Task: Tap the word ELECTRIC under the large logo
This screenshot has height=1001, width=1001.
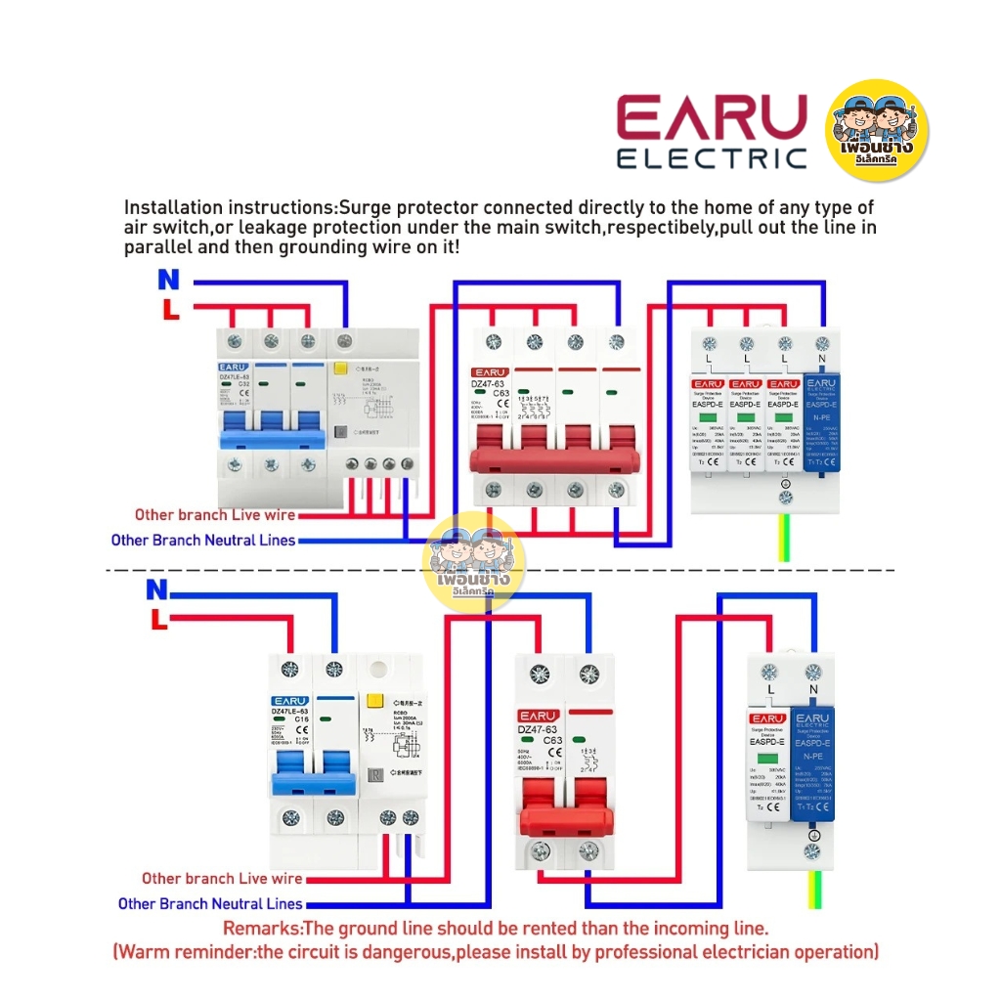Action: (711, 159)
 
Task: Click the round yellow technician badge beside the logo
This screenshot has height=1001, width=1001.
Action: (877, 131)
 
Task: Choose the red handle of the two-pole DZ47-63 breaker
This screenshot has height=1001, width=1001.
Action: (563, 810)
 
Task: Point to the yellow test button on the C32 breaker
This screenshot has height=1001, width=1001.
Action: (342, 371)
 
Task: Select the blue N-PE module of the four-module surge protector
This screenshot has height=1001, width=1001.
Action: (821, 420)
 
